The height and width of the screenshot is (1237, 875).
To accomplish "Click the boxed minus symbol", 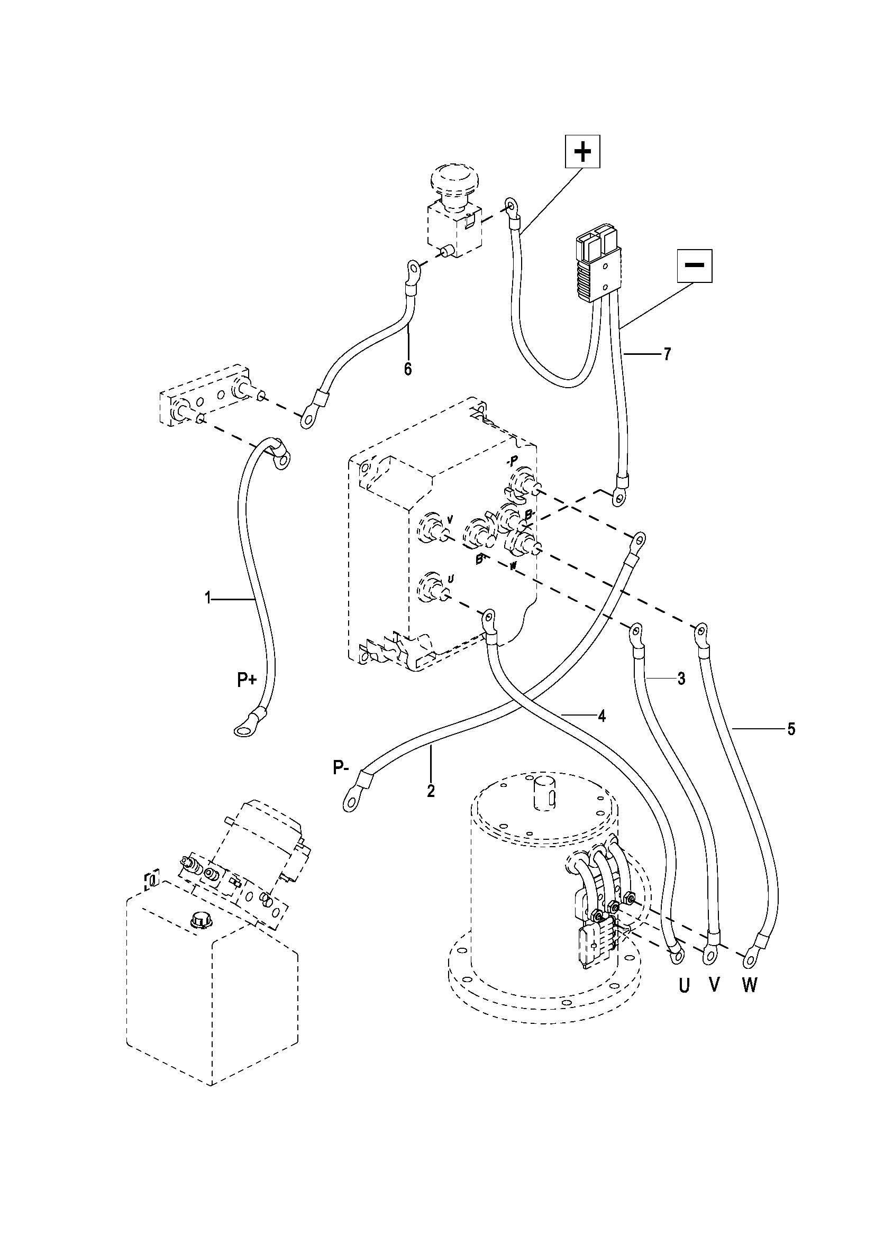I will pyautogui.click(x=695, y=265).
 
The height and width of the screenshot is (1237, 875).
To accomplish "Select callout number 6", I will pyautogui.click(x=408, y=369).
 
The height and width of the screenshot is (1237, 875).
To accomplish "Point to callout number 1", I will pyautogui.click(x=208, y=598).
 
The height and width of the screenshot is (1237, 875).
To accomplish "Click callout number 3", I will pyautogui.click(x=681, y=679).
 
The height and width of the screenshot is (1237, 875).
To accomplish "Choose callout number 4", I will pyautogui.click(x=602, y=716).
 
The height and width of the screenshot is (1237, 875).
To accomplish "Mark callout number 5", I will pyautogui.click(x=791, y=729).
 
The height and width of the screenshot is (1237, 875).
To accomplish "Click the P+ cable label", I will pyautogui.click(x=247, y=681).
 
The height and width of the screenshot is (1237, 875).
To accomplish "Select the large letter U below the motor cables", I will pyautogui.click(x=683, y=986).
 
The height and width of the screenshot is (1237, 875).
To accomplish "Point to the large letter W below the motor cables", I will pyautogui.click(x=750, y=985).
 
